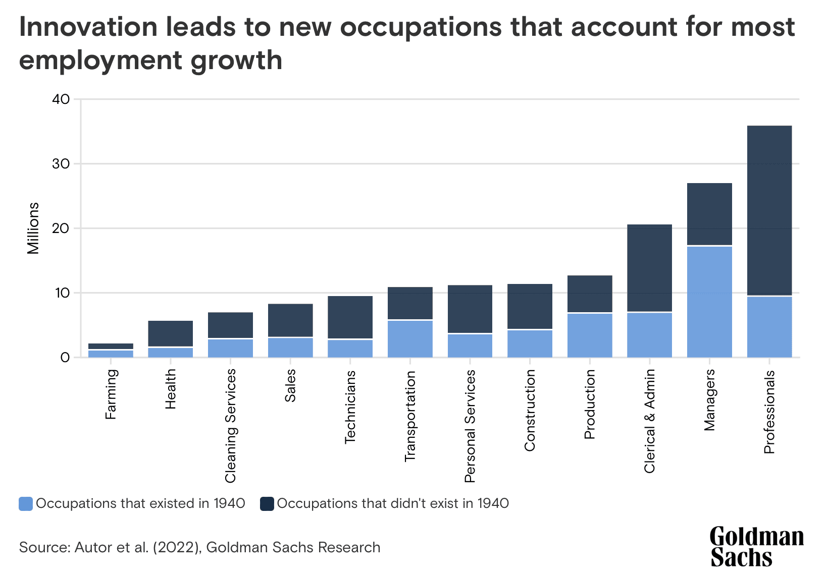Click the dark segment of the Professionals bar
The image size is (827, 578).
point(769,210)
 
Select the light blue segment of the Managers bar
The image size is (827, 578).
point(709,302)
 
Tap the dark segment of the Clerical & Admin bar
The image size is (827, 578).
point(649,268)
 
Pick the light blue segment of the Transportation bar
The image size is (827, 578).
point(410,338)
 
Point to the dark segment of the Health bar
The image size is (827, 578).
point(171,333)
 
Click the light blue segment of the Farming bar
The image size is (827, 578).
point(111,354)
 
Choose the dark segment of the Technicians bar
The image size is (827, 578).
point(350,317)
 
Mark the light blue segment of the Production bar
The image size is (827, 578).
point(590,335)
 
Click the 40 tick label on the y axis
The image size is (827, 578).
point(61,99)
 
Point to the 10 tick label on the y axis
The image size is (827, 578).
point(62,293)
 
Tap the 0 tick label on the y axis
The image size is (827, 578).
point(65,358)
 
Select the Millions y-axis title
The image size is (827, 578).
point(33,228)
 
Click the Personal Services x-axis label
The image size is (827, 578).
point(470,426)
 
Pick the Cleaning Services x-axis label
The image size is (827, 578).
point(231,426)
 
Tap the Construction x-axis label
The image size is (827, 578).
point(530,410)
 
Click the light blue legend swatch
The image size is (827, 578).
point(26,503)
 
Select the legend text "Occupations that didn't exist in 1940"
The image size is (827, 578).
point(393,503)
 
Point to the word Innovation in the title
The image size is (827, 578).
point(89,27)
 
